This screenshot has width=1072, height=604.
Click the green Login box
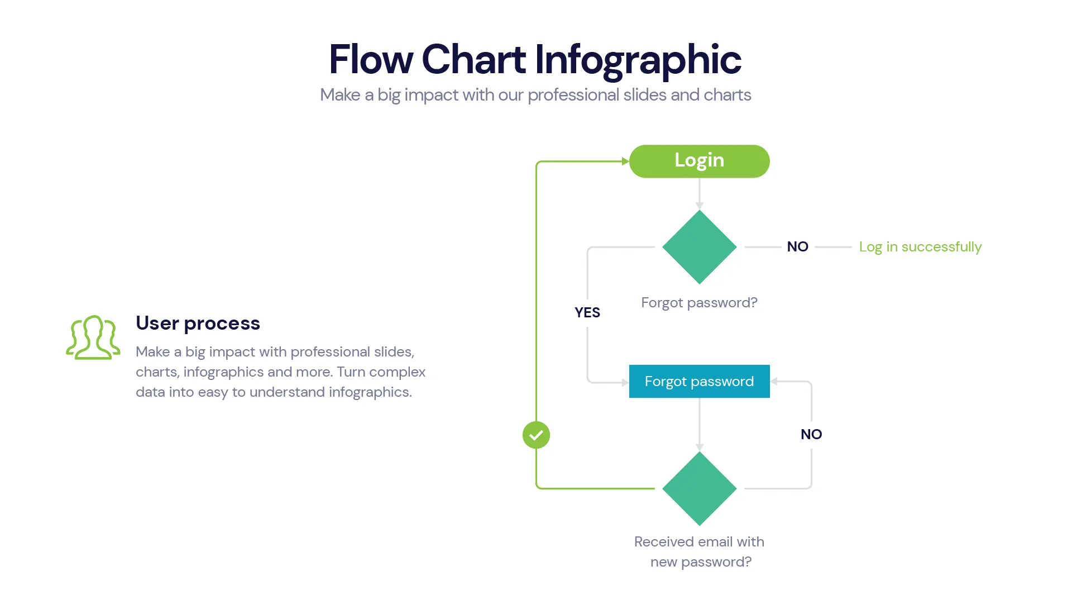click(699, 161)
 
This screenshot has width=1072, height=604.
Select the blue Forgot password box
click(699, 382)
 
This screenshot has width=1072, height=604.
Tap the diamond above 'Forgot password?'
click(699, 247)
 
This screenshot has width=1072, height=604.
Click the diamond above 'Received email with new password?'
click(699, 488)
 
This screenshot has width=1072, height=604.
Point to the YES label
click(587, 312)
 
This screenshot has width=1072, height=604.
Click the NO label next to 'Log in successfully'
click(797, 247)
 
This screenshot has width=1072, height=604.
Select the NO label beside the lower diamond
click(811, 434)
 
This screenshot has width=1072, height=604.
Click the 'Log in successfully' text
click(920, 247)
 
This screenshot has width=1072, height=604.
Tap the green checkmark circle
click(536, 435)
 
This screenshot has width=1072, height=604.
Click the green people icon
click(93, 337)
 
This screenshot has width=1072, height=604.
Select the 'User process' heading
click(198, 323)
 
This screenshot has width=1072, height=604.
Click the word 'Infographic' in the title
click(638, 59)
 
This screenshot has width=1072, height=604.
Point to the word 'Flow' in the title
click(371, 59)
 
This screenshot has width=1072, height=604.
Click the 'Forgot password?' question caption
click(699, 303)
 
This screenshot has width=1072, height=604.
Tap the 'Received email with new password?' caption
click(699, 551)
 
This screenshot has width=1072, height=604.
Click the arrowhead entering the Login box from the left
click(625, 161)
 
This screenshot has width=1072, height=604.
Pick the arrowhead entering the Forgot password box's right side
click(774, 382)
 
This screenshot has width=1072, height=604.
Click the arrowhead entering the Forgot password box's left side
click(625, 383)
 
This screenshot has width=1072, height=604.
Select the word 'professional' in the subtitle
click(573, 95)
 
